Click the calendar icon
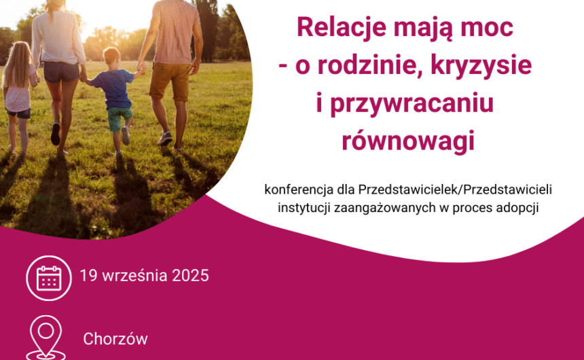coord(49,278)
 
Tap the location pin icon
coord(45,336)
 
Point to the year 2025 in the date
coord(190,276)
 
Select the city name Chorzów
coord(115,338)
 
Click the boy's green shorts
coord(119,118)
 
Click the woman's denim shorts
coord(61,71)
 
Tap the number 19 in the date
coord(88,276)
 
